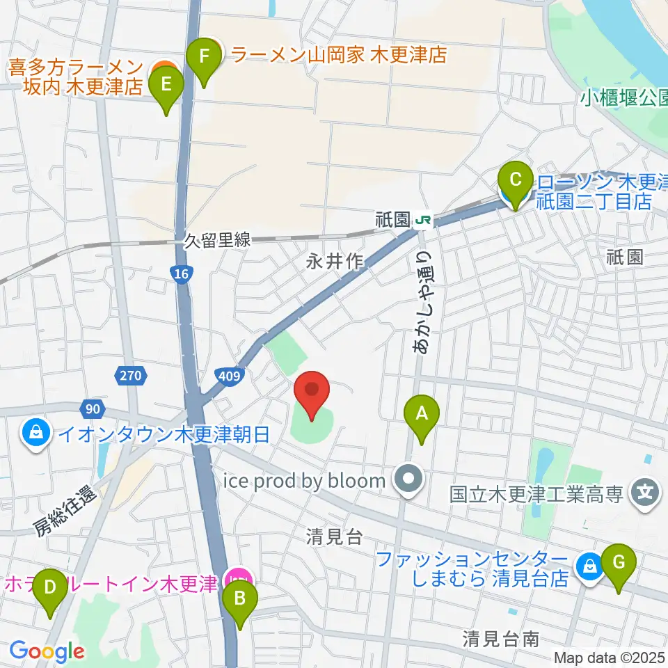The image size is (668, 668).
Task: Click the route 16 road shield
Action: [181, 276]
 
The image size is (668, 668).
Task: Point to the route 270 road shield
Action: [130, 376]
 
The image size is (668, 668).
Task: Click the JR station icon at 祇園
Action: [422, 221]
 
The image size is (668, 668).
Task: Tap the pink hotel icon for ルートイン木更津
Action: [238, 577]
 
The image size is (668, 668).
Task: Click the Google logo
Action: [47, 651]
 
